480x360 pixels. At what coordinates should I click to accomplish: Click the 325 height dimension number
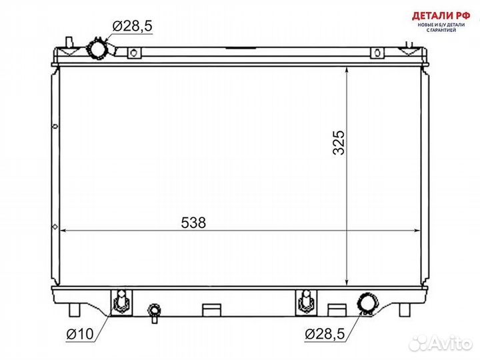(x=339, y=143)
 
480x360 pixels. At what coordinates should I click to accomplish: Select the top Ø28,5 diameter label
(x=133, y=26)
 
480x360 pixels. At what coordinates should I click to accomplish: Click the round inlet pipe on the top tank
(x=97, y=49)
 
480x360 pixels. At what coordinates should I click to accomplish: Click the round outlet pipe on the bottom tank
(x=367, y=303)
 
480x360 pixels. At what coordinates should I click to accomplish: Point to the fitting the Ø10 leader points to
(x=121, y=302)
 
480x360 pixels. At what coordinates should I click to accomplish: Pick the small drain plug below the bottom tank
(x=155, y=311)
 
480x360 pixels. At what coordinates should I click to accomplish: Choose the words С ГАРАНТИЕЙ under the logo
(x=437, y=31)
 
